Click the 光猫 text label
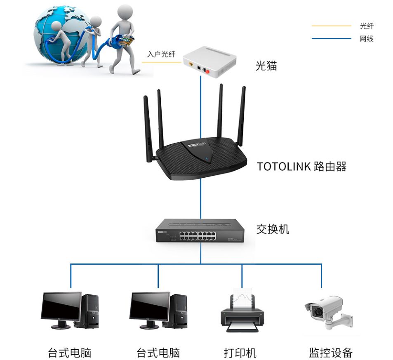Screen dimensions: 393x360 [266, 66]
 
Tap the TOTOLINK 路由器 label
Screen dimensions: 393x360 [301, 167]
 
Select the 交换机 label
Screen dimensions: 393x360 [273, 229]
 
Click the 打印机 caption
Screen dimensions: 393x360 [240, 353]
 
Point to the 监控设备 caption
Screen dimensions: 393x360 [331, 353]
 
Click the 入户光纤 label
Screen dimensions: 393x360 [161, 54]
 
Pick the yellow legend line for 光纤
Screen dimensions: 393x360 [331, 26]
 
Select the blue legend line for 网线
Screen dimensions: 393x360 [331, 39]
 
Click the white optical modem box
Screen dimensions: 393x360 [209, 62]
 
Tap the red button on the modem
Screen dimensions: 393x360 [207, 72]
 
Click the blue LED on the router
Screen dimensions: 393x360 [207, 158]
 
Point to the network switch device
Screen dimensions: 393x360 [200, 231]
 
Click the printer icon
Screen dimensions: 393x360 [242, 311]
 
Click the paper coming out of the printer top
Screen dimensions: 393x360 [242, 298]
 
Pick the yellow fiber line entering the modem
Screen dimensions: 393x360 [161, 62]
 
